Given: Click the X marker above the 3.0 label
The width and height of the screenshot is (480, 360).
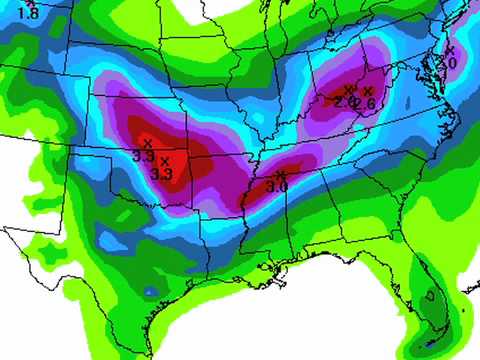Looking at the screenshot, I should [x=279, y=175].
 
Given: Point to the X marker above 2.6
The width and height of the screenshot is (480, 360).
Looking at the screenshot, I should [x=368, y=91].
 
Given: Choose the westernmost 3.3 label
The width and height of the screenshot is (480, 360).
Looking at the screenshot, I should [x=142, y=157].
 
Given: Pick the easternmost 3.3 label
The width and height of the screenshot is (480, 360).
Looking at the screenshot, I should [x=162, y=174].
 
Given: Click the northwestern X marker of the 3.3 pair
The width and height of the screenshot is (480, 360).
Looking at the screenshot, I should [x=148, y=143].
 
